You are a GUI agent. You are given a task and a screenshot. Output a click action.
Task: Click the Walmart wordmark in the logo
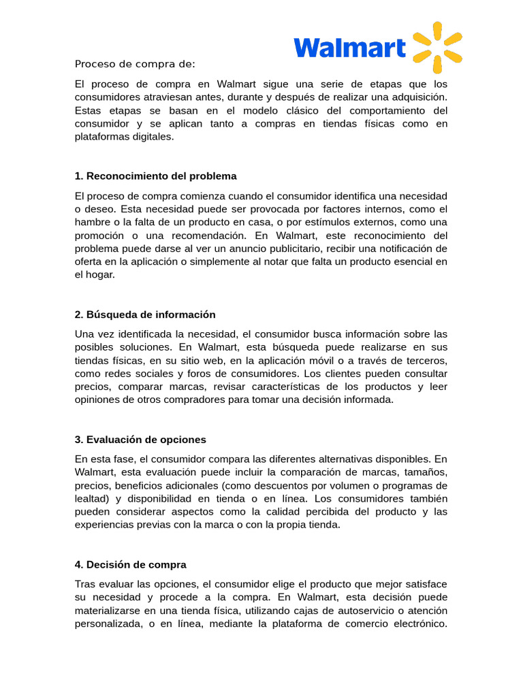[x=349, y=47]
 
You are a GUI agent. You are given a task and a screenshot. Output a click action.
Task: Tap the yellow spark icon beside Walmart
[x=438, y=47]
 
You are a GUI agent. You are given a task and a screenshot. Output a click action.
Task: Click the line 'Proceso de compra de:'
[x=135, y=64]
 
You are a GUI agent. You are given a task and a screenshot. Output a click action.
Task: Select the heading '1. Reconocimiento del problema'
[x=155, y=176]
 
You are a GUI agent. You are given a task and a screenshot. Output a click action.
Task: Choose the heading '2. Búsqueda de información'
[x=144, y=314]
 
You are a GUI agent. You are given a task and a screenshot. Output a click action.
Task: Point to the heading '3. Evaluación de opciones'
[x=140, y=439]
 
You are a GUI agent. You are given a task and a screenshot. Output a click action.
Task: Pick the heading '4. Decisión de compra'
[x=130, y=564]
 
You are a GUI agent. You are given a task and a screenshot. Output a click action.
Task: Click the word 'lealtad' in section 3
[x=91, y=498]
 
